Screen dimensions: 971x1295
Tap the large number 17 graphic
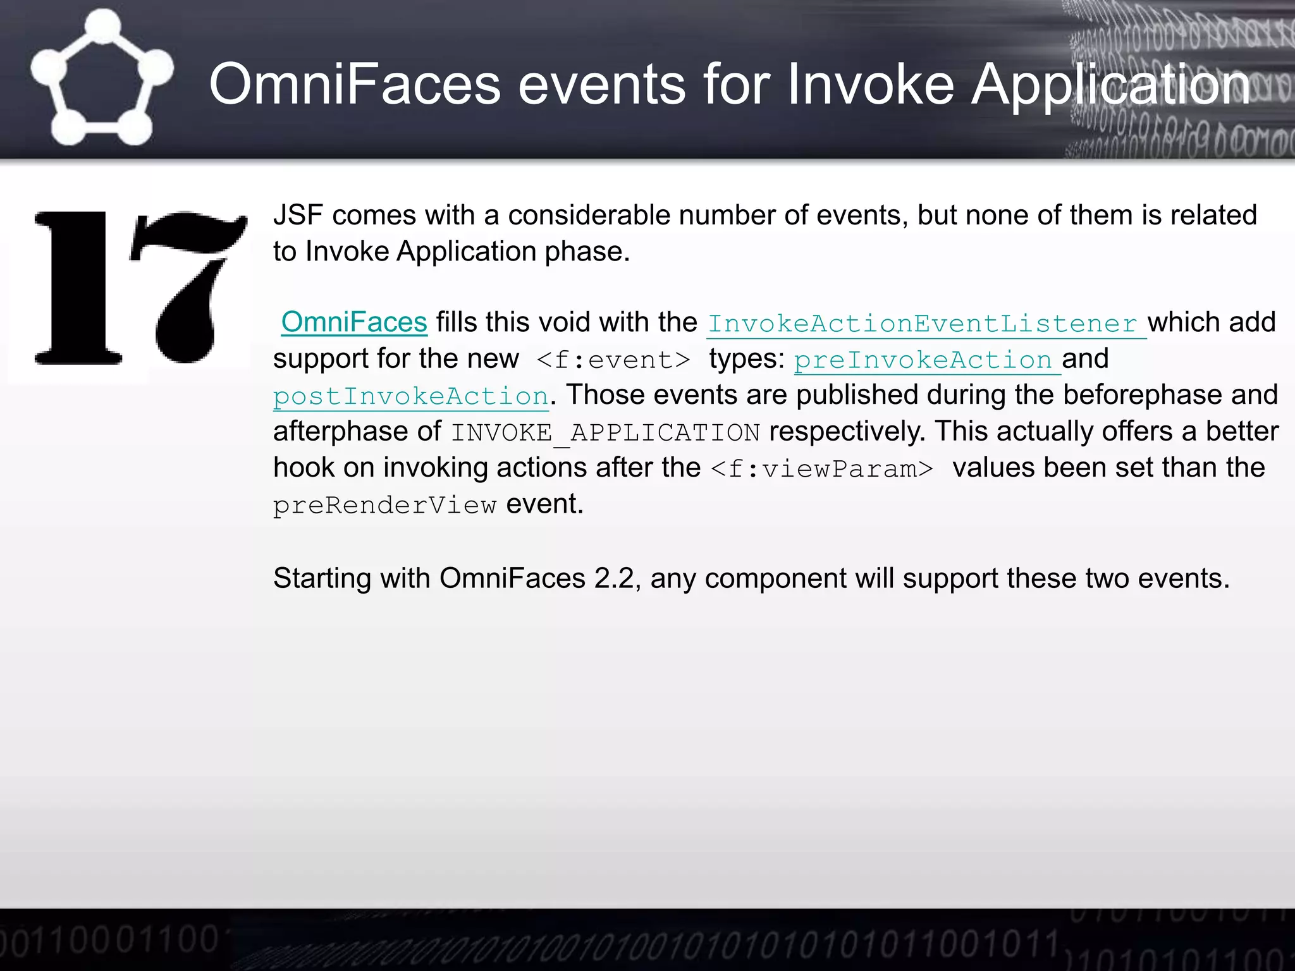pyautogui.click(x=140, y=288)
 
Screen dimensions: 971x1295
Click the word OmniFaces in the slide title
pyautogui.click(x=355, y=84)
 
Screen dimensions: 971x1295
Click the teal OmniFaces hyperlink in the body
pyautogui.click(x=354, y=322)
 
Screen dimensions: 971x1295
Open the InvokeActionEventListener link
pyautogui.click(x=926, y=324)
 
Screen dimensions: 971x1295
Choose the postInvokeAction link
pyautogui.click(x=411, y=396)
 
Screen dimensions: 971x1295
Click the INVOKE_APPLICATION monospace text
pyautogui.click(x=605, y=433)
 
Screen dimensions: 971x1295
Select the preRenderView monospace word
pyautogui.click(x=384, y=505)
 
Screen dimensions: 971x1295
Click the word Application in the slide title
pyautogui.click(x=1110, y=84)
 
